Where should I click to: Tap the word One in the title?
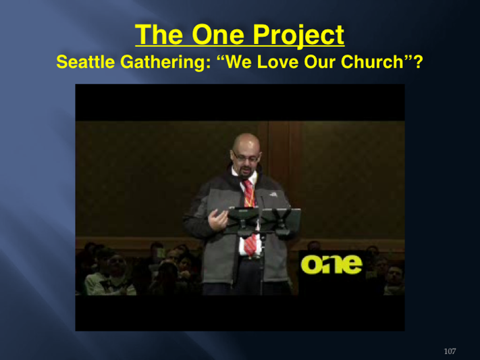point(218,34)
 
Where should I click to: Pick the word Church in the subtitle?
point(372,61)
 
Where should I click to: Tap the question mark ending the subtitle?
point(418,61)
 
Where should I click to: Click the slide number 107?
point(450,351)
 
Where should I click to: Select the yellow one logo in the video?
point(331,264)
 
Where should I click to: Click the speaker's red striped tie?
point(250,215)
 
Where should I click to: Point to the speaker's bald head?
point(246,143)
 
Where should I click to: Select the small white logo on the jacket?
point(273,195)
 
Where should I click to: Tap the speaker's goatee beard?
point(244,172)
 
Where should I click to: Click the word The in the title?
point(159,34)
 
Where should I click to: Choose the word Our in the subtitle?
point(319,61)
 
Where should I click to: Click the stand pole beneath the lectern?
point(261,263)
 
